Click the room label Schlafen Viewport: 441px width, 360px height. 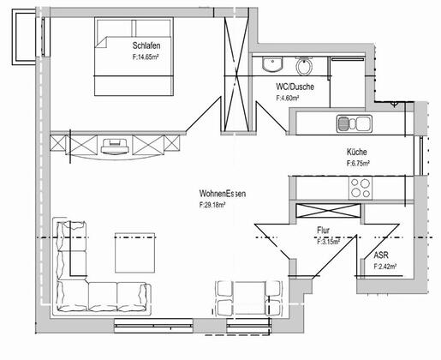146,45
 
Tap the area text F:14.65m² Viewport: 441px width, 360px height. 146,57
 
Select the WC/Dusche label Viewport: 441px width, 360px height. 295,87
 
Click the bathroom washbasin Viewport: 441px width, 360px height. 272,64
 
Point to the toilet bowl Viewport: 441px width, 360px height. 304,66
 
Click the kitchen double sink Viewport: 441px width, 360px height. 355,123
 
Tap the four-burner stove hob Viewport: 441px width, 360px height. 361,188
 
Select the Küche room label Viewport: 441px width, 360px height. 357,152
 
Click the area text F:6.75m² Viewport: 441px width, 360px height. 358,164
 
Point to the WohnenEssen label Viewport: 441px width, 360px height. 223,194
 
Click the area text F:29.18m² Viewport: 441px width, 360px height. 212,205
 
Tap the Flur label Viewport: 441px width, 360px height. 324,231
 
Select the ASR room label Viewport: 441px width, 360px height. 381,255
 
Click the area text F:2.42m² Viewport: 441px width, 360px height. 385,267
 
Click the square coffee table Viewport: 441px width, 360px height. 135,253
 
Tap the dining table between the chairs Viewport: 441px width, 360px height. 250,298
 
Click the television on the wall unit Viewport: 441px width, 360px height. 114,146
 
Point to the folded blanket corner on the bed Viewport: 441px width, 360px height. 101,42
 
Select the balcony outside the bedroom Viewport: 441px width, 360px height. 24,37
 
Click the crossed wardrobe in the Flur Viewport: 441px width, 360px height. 328,211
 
